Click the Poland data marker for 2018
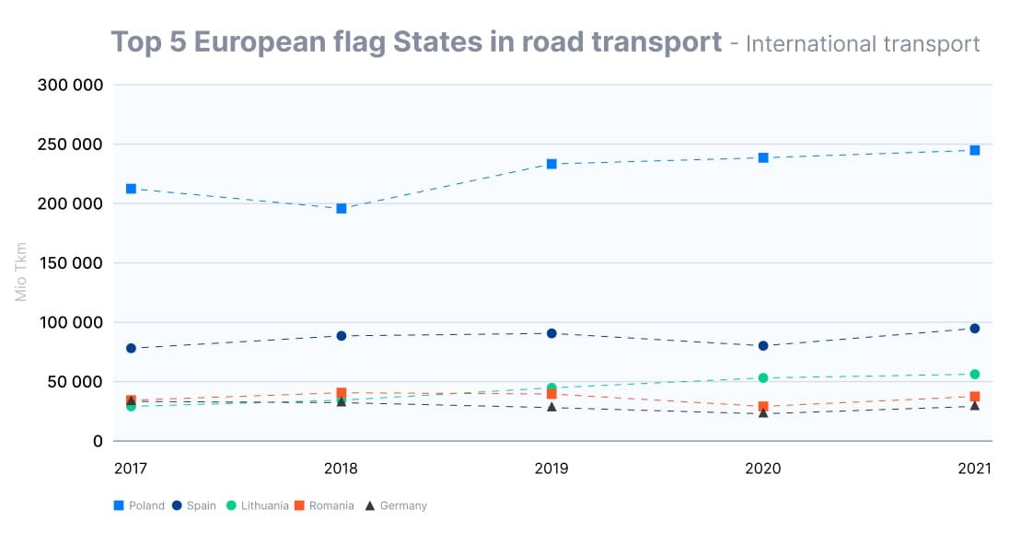[x=341, y=208]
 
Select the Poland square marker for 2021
[x=974, y=150]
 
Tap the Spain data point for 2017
[x=131, y=348]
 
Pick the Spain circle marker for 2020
[x=762, y=346]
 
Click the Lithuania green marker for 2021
[x=974, y=374]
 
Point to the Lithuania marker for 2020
[x=762, y=377]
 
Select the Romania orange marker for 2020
[x=762, y=406]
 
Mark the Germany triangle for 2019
[x=551, y=406]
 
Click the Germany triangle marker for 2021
[x=974, y=405]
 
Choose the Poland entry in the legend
[x=139, y=505]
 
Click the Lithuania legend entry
[x=257, y=505]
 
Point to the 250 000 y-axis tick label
[x=69, y=145]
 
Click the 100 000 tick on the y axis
[x=69, y=322]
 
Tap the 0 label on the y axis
[x=97, y=441]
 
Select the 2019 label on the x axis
[x=551, y=469]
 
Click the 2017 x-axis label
[x=131, y=469]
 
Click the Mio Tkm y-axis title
[x=21, y=272]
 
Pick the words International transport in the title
[x=862, y=43]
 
